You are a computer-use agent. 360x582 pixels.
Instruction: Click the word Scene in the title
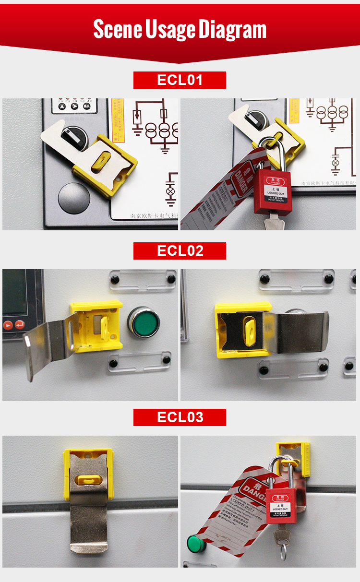pyautogui.click(x=117, y=29)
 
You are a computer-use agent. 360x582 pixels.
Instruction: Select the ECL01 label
pyautogui.click(x=180, y=80)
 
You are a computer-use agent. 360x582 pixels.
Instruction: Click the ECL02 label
pyautogui.click(x=180, y=251)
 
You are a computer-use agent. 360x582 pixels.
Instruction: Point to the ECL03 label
pyautogui.click(x=180, y=417)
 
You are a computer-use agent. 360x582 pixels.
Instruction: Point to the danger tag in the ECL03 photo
pyautogui.click(x=235, y=513)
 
